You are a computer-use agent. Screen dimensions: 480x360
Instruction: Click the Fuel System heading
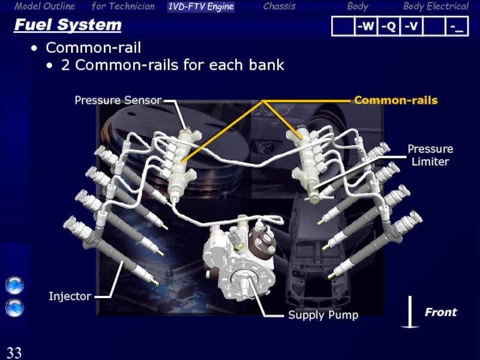click(68, 25)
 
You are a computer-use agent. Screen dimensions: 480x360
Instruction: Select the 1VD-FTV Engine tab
click(201, 7)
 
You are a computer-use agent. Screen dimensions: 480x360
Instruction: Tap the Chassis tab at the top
click(280, 6)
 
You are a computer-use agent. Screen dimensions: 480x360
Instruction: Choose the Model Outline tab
click(44, 6)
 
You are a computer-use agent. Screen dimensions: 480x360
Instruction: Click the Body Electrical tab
click(436, 7)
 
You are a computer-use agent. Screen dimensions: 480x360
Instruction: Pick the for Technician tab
click(123, 6)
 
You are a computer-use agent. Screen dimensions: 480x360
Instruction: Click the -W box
click(366, 26)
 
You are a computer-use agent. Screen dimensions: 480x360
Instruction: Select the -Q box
click(388, 26)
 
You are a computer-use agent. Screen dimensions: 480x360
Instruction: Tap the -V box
click(411, 26)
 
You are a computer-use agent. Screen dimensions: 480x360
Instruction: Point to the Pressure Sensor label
click(118, 100)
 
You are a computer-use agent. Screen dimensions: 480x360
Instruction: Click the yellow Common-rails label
click(396, 100)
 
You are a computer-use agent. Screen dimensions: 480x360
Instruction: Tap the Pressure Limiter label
click(430, 155)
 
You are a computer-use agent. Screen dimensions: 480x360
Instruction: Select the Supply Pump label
click(323, 315)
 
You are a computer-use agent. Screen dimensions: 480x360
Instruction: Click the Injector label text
click(70, 296)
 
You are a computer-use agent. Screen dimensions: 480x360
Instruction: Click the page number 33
click(14, 352)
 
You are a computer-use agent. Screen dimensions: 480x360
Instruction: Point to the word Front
click(441, 312)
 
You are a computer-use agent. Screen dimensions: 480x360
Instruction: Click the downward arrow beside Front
click(410, 312)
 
